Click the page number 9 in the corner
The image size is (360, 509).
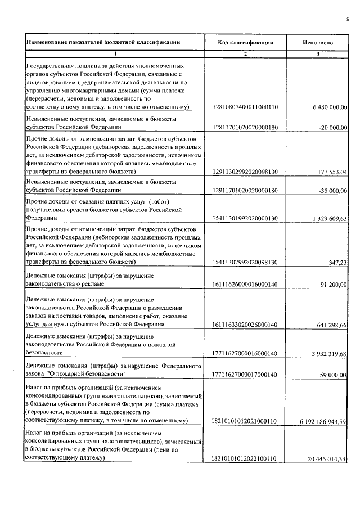tap(348, 20)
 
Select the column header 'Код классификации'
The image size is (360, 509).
tap(246, 42)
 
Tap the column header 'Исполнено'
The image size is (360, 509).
tap(318, 42)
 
